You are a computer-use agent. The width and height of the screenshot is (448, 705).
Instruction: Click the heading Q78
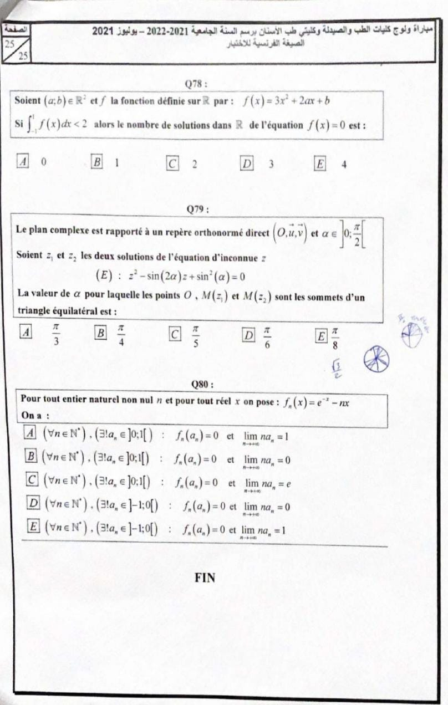click(x=198, y=84)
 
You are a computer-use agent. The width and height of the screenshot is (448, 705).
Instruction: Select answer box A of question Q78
click(x=24, y=162)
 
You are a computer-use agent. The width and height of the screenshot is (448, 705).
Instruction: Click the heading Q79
click(x=198, y=210)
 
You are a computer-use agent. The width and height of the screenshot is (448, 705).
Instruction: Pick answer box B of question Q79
click(x=101, y=333)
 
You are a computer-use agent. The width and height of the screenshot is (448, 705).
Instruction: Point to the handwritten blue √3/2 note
click(x=336, y=367)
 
